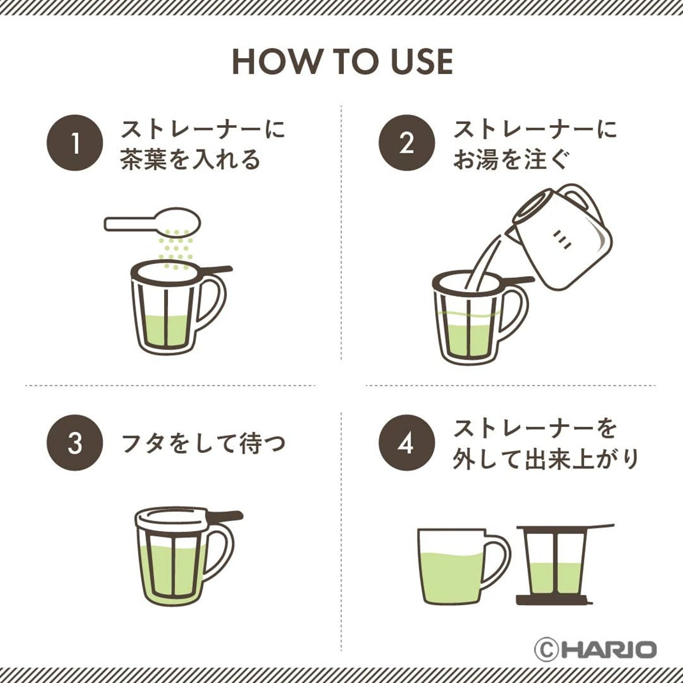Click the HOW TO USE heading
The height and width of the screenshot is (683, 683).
coord(342,62)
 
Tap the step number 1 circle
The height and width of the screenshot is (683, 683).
coord(75,142)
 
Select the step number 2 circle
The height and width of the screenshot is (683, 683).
coord(407,142)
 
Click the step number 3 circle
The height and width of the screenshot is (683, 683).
coord(75,443)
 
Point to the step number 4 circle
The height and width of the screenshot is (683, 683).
coord(407,443)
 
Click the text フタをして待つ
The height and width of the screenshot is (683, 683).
coord(203,443)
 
